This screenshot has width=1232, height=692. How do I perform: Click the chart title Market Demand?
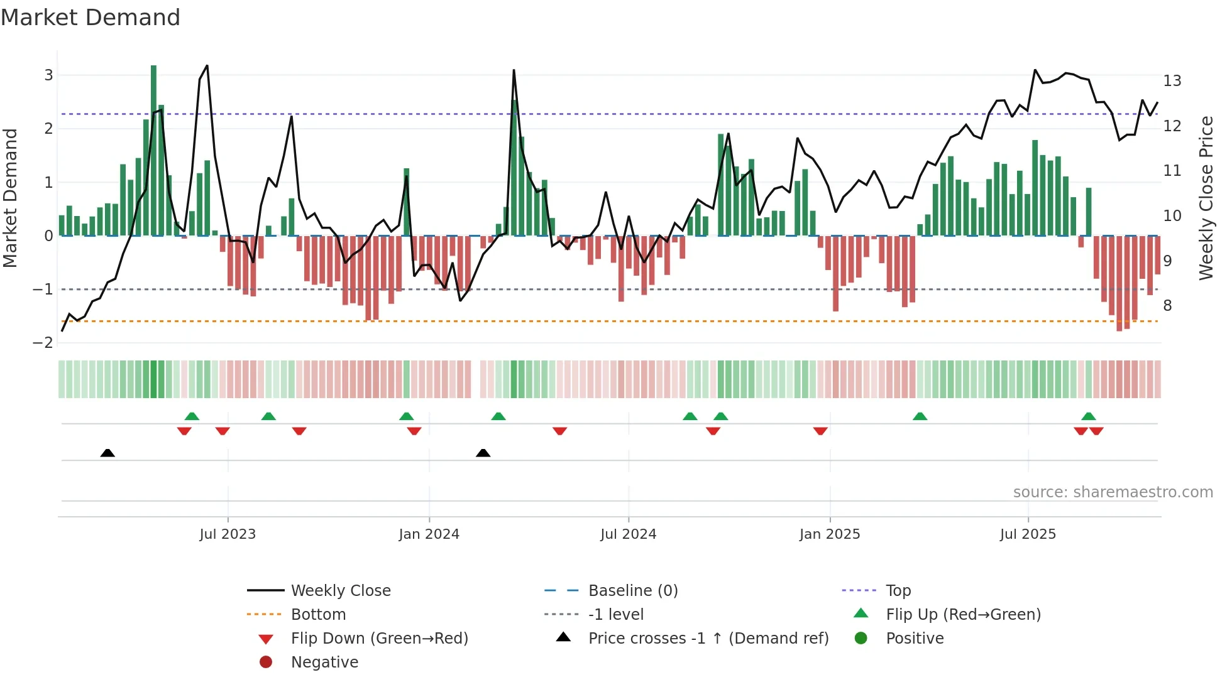(x=91, y=18)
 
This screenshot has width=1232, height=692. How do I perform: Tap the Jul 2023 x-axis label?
(x=228, y=534)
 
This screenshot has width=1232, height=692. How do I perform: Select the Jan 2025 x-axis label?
(x=830, y=534)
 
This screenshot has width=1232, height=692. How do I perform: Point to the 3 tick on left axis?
(x=48, y=75)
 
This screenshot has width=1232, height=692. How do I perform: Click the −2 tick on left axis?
(x=43, y=343)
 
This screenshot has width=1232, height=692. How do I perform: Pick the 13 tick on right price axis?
(x=1172, y=81)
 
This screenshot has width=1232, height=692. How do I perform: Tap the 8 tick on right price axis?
(x=1168, y=306)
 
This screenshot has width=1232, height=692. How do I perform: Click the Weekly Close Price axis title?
(x=1206, y=198)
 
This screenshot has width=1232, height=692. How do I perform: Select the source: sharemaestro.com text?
(x=1113, y=492)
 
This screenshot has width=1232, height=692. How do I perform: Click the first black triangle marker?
(x=107, y=453)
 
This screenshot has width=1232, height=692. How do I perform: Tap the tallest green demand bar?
(x=153, y=151)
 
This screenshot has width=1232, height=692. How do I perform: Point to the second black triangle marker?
(x=483, y=453)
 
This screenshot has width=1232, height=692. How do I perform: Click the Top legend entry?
(x=898, y=591)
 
